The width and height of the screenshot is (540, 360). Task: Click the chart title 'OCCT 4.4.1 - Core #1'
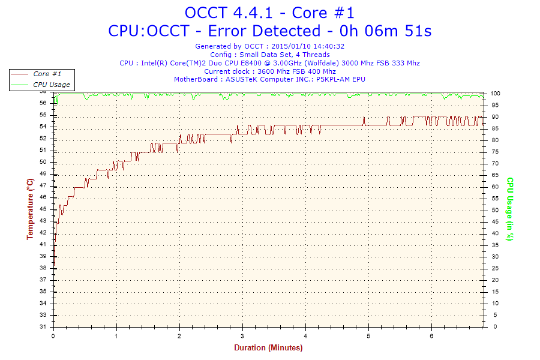point(269,13)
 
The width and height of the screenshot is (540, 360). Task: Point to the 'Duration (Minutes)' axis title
point(268,347)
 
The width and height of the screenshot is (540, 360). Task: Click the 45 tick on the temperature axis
point(43,209)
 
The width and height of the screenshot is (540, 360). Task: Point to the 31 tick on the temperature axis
point(43,327)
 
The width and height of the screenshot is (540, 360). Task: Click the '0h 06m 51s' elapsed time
point(387,31)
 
